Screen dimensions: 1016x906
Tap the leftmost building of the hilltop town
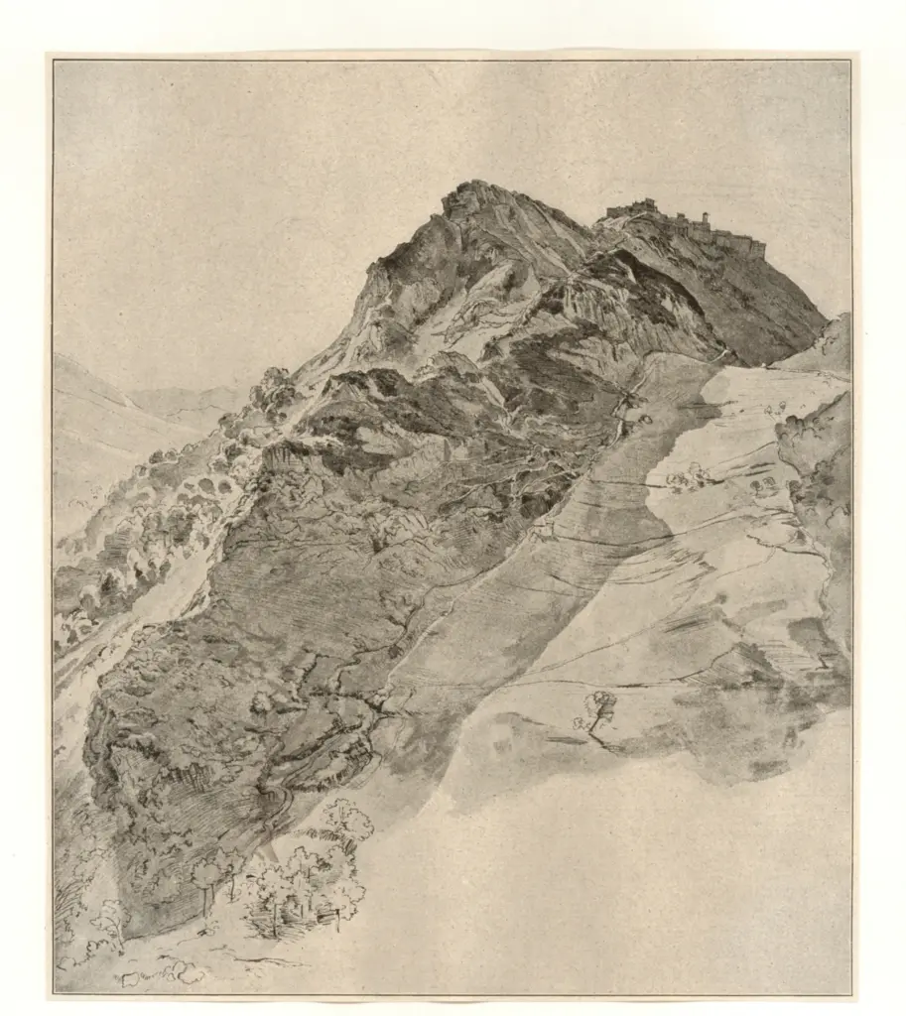pos(613,210)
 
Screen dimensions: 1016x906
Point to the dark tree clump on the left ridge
pos(273,387)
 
